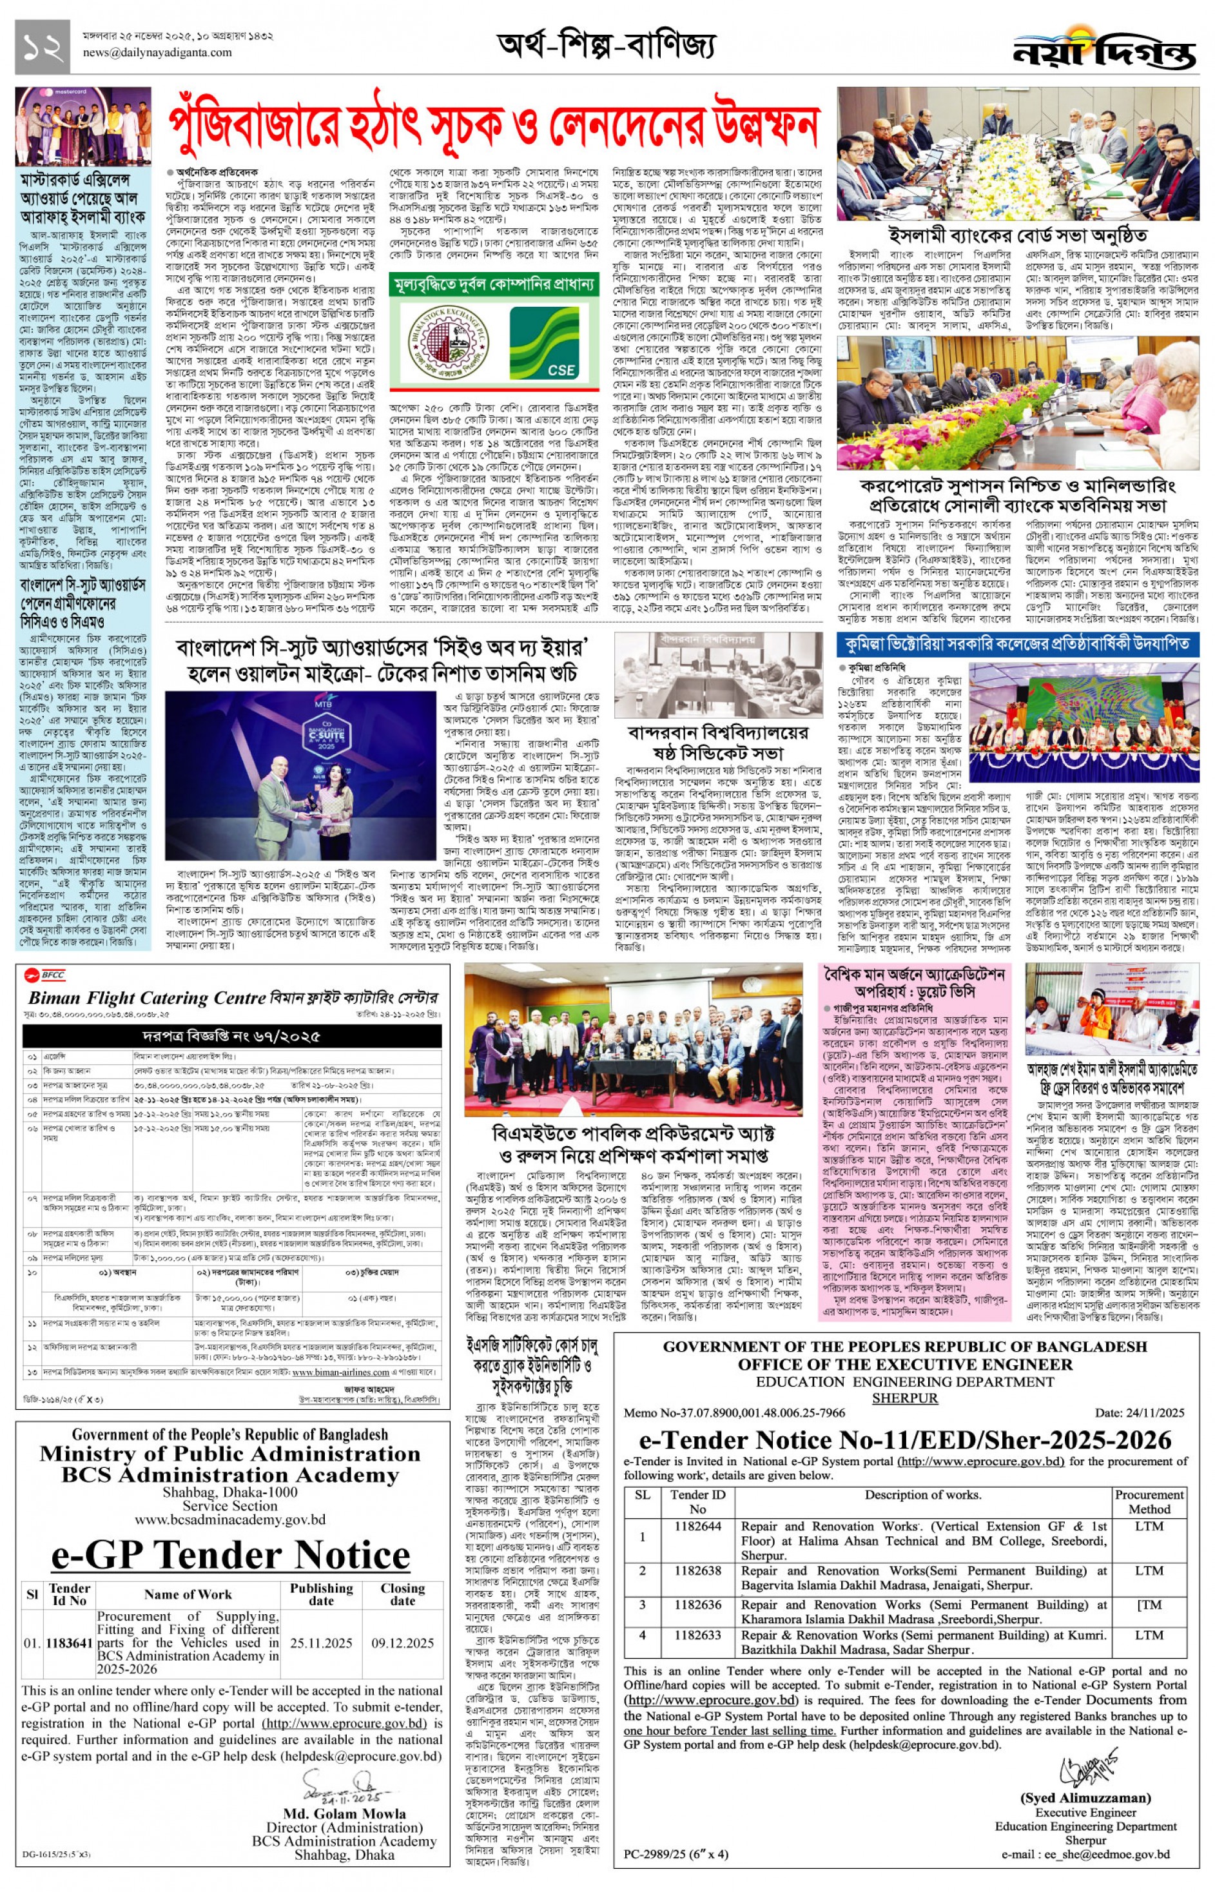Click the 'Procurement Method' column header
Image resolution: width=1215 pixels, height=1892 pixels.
point(1149,1501)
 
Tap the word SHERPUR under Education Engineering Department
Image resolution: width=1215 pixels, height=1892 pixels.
point(904,1398)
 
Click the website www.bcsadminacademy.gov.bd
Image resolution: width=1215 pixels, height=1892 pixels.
point(229,1518)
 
